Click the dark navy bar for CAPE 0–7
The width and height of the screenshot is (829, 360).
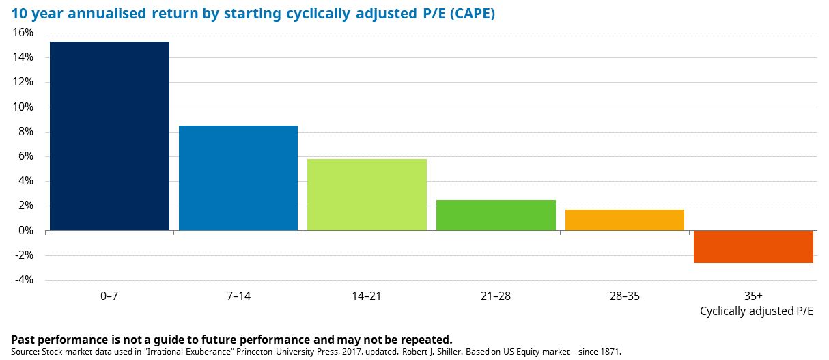coord(109,136)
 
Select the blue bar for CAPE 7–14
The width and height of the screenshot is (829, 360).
coord(238,178)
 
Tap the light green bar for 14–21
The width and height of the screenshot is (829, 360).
coord(367,195)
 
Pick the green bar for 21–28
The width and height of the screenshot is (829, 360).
coord(495,215)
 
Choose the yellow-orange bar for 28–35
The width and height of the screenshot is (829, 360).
coord(624,220)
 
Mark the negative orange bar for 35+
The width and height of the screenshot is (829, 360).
coord(753,247)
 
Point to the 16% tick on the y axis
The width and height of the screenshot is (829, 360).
coord(23,33)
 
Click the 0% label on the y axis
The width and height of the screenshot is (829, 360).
coord(26,231)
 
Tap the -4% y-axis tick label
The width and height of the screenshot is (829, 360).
coord(25,280)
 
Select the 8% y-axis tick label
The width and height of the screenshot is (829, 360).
coord(26,132)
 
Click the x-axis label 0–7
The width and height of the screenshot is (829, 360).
coord(109,296)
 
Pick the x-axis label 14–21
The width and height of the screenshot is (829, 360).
coord(367,296)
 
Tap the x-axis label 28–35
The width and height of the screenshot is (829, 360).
coord(624,296)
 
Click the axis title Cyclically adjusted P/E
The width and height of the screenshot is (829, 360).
coord(757,311)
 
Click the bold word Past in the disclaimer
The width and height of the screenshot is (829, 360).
coord(25,340)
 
